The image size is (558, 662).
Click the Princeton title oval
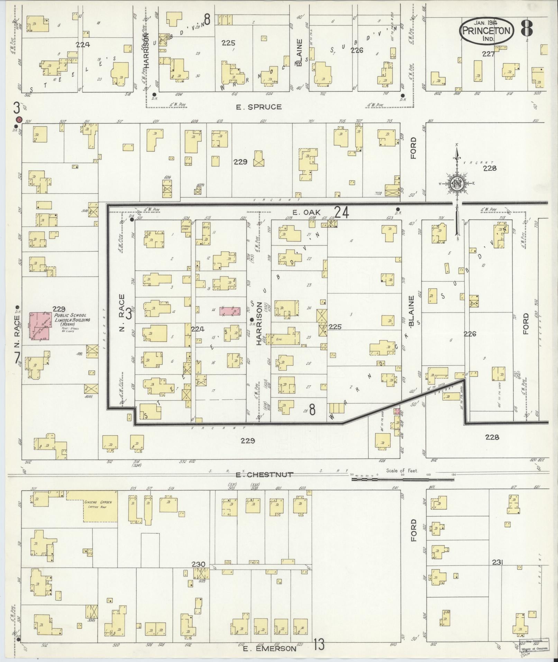(x=486, y=31)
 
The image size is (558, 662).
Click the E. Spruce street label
(x=258, y=107)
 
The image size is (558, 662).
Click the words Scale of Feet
(x=402, y=471)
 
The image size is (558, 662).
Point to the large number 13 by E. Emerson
(x=319, y=644)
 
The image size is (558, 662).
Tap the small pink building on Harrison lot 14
(x=230, y=310)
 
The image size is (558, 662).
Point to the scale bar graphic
(x=402, y=479)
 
